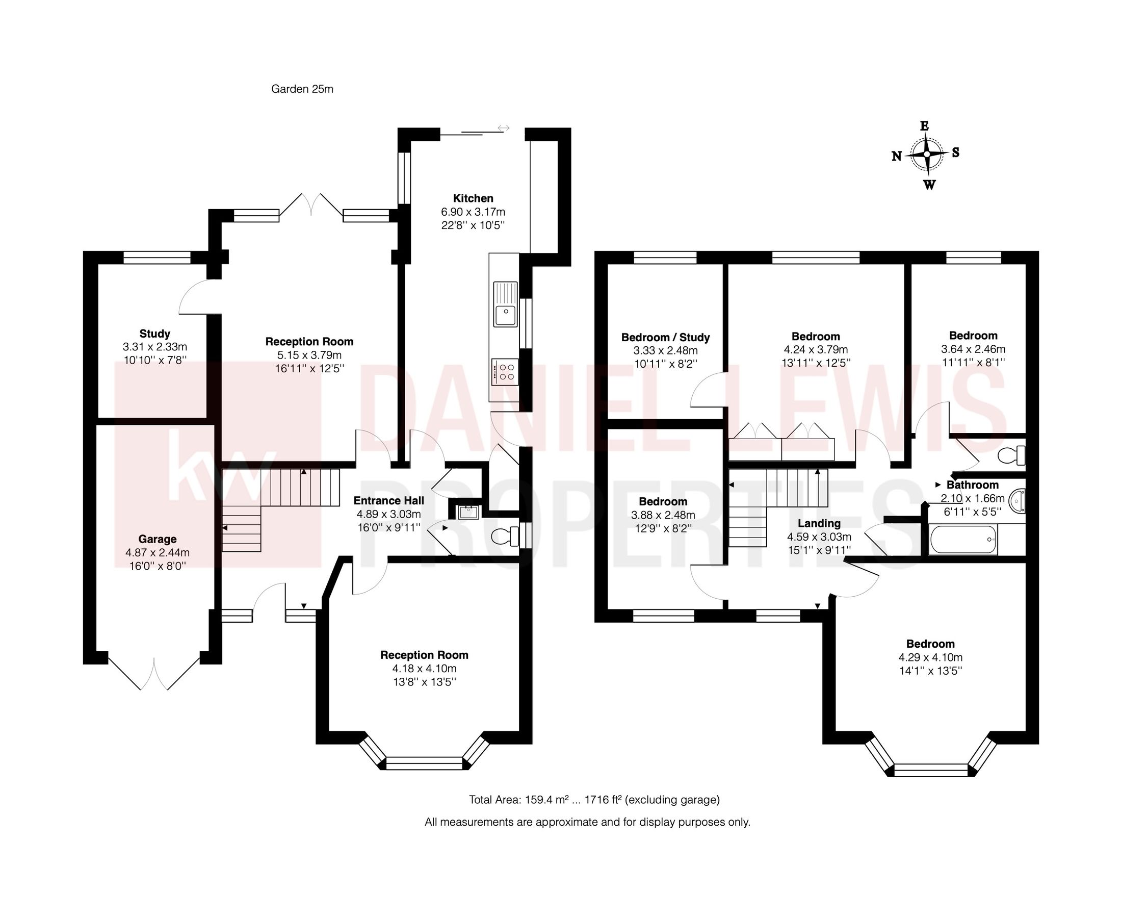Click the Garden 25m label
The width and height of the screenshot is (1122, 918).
coord(302,89)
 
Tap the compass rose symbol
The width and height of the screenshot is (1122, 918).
coord(926,155)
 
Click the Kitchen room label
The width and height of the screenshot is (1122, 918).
coord(473,198)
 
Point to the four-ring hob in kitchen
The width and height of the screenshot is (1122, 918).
coord(505,371)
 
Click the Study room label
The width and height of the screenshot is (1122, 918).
coord(154,334)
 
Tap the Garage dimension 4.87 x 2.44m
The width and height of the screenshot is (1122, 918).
coord(157,553)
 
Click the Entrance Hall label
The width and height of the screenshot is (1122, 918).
coord(388,500)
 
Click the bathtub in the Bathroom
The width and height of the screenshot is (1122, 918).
coord(963,540)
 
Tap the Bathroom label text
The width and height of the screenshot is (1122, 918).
coord(972,484)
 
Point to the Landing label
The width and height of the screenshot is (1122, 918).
coord(819,523)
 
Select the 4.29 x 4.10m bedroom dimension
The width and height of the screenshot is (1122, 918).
coord(930,657)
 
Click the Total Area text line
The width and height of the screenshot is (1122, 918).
coord(593,800)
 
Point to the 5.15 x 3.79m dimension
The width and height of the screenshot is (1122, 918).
coord(309,355)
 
